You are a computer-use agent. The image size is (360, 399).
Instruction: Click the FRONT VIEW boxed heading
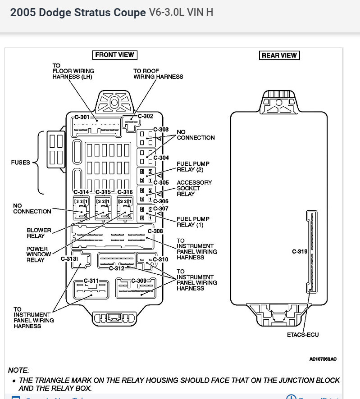coord(114,55)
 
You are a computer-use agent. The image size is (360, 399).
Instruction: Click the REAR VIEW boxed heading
coord(279,55)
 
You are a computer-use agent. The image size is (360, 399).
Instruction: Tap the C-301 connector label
coord(82,116)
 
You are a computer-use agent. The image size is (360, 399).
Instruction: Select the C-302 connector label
coord(146,116)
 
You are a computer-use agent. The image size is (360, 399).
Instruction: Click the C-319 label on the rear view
coord(300,251)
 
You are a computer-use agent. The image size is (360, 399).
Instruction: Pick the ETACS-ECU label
coord(303,335)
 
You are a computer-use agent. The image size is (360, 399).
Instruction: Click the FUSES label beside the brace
coord(21,163)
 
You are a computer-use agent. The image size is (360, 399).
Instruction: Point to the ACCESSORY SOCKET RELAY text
coord(194,188)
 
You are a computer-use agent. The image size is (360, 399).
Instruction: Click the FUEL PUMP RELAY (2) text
coord(193,167)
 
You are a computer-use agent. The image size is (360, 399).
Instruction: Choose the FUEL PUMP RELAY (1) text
coord(193,222)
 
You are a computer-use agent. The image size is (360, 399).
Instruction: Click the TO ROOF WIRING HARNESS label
coord(158,74)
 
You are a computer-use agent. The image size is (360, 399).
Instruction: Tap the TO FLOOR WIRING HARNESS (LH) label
coord(73,71)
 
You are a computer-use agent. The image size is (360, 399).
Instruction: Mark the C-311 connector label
coord(91,281)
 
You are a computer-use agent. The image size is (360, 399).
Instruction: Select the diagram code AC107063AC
coord(323,359)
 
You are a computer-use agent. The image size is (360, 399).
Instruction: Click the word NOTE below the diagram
coord(18,370)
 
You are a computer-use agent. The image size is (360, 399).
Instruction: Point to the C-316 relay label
coord(125,192)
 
